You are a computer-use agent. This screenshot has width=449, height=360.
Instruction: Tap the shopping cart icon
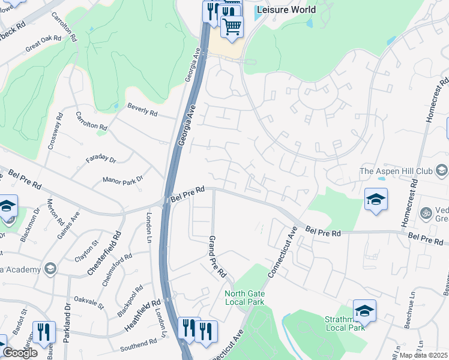[x=232, y=26]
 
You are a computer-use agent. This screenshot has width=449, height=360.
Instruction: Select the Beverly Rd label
[x=142, y=110]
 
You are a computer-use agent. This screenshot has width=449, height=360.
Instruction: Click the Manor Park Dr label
[x=124, y=179]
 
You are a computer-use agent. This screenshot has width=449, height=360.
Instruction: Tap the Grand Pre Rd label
[x=217, y=257]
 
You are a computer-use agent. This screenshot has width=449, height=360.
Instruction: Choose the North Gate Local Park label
[x=244, y=298]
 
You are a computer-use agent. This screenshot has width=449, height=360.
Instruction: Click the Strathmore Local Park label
[x=345, y=323]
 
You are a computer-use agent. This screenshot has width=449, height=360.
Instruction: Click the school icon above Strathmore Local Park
[x=364, y=310]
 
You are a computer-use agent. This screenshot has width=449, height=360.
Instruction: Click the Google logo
[x=20, y=353]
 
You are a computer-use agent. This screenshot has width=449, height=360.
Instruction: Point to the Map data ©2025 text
[x=424, y=355]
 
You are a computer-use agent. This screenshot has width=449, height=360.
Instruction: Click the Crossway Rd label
[x=55, y=133]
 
